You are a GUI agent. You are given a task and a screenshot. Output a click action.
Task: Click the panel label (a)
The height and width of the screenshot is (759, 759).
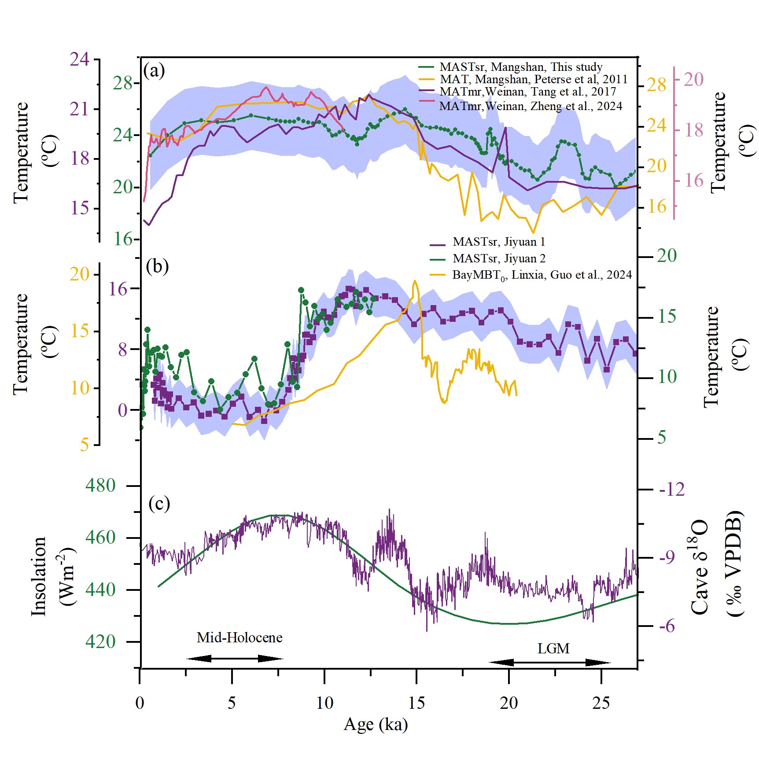pyautogui.click(x=154, y=70)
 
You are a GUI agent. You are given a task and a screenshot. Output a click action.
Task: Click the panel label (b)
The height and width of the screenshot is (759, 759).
pyautogui.click(x=157, y=266)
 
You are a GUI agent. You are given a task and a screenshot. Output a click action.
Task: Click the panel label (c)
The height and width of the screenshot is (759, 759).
pyautogui.click(x=159, y=503)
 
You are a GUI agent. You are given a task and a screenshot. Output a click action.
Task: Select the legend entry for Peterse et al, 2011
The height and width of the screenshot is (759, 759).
pyautogui.click(x=533, y=79)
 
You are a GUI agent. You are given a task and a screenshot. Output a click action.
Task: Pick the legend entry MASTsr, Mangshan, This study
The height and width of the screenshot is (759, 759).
pyautogui.click(x=520, y=67)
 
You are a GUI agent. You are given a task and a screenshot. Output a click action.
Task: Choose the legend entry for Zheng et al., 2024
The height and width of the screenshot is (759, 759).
pyautogui.click(x=530, y=106)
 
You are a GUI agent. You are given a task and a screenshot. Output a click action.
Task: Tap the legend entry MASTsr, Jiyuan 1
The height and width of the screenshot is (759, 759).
pyautogui.click(x=498, y=242)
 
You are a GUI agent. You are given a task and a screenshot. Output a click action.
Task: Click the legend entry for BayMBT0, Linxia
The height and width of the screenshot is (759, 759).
pyautogui.click(x=542, y=275)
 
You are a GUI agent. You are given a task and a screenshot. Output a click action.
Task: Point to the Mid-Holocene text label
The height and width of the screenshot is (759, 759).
pyautogui.click(x=239, y=637)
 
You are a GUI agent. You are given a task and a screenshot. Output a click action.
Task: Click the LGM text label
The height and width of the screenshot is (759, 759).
pyautogui.click(x=553, y=648)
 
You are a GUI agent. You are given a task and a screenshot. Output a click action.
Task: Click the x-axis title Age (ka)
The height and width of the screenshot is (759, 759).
pyautogui.click(x=376, y=724)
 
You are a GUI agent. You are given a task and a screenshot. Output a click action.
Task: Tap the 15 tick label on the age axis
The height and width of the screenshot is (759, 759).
pyautogui.click(x=416, y=703)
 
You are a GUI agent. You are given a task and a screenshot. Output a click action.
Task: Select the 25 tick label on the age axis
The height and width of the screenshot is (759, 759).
pyautogui.click(x=601, y=703)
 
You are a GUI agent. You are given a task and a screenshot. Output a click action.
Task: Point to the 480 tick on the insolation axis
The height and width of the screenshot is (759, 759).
pyautogui.click(x=100, y=485)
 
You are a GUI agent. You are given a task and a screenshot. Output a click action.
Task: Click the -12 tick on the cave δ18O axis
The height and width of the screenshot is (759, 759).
pyautogui.click(x=672, y=489)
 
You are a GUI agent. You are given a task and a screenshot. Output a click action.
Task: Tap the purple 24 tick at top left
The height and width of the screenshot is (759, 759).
pyautogui.click(x=80, y=59)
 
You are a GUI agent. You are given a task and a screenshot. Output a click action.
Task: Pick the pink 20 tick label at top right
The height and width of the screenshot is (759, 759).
pyautogui.click(x=693, y=80)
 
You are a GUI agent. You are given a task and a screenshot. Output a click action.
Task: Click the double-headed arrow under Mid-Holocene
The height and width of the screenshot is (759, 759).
pyautogui.click(x=234, y=659)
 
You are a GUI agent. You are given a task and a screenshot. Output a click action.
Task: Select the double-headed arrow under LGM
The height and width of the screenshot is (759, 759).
pyautogui.click(x=549, y=662)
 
